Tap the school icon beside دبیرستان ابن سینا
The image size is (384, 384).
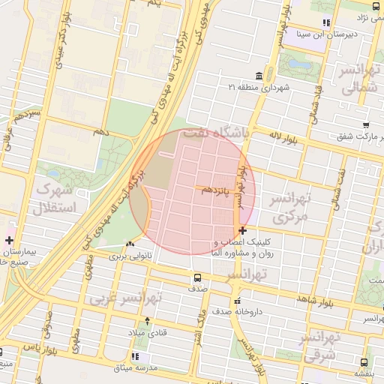325,23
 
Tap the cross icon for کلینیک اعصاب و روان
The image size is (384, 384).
241,230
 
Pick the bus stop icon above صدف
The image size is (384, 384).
198,277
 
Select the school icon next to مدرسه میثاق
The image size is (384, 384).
135,357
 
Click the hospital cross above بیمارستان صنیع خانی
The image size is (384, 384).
8,241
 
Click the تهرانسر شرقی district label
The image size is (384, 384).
323,347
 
